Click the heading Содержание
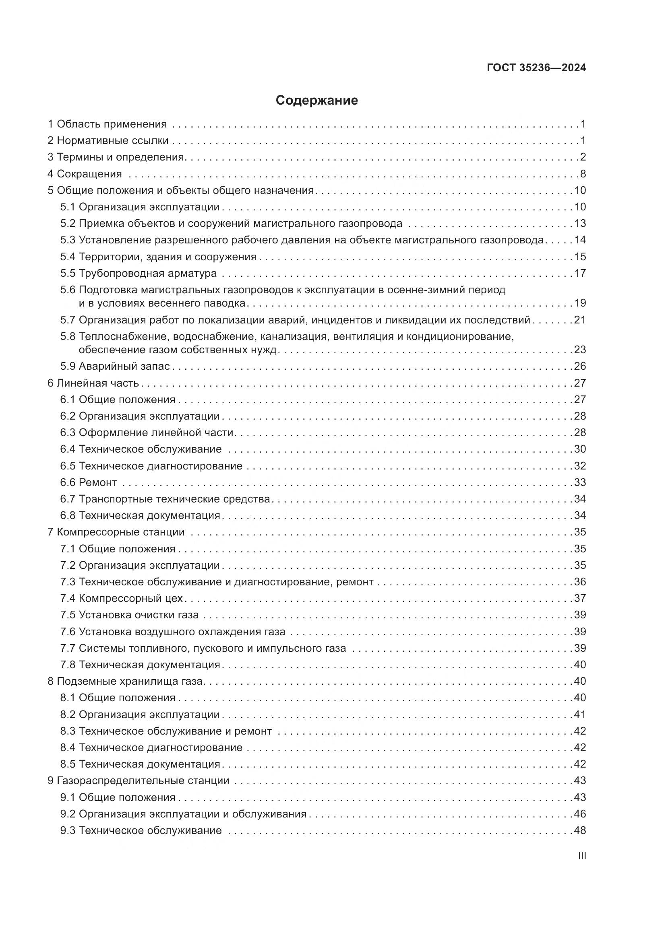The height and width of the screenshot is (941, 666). [316, 101]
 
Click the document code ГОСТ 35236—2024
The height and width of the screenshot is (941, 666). [536, 68]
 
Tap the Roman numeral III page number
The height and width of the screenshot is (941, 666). [581, 856]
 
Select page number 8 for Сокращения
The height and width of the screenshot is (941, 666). [583, 174]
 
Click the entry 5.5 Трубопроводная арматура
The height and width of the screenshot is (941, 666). [139, 273]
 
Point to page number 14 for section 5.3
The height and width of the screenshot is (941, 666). [580, 240]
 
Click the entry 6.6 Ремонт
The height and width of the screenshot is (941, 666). [89, 482]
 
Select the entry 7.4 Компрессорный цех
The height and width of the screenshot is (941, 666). [121, 598]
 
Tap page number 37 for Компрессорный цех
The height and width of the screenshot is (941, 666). [580, 598]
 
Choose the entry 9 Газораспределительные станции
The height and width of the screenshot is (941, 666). [138, 780]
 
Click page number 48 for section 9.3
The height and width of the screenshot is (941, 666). [580, 830]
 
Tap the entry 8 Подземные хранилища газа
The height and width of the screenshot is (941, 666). [126, 681]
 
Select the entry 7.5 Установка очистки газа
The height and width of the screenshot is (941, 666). [130, 615]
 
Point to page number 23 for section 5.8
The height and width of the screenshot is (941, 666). [580, 350]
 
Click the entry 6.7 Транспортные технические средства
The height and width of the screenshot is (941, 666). [165, 499]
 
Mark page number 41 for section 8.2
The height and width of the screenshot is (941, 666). [580, 715]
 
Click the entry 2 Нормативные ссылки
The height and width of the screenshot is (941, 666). [108, 140]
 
